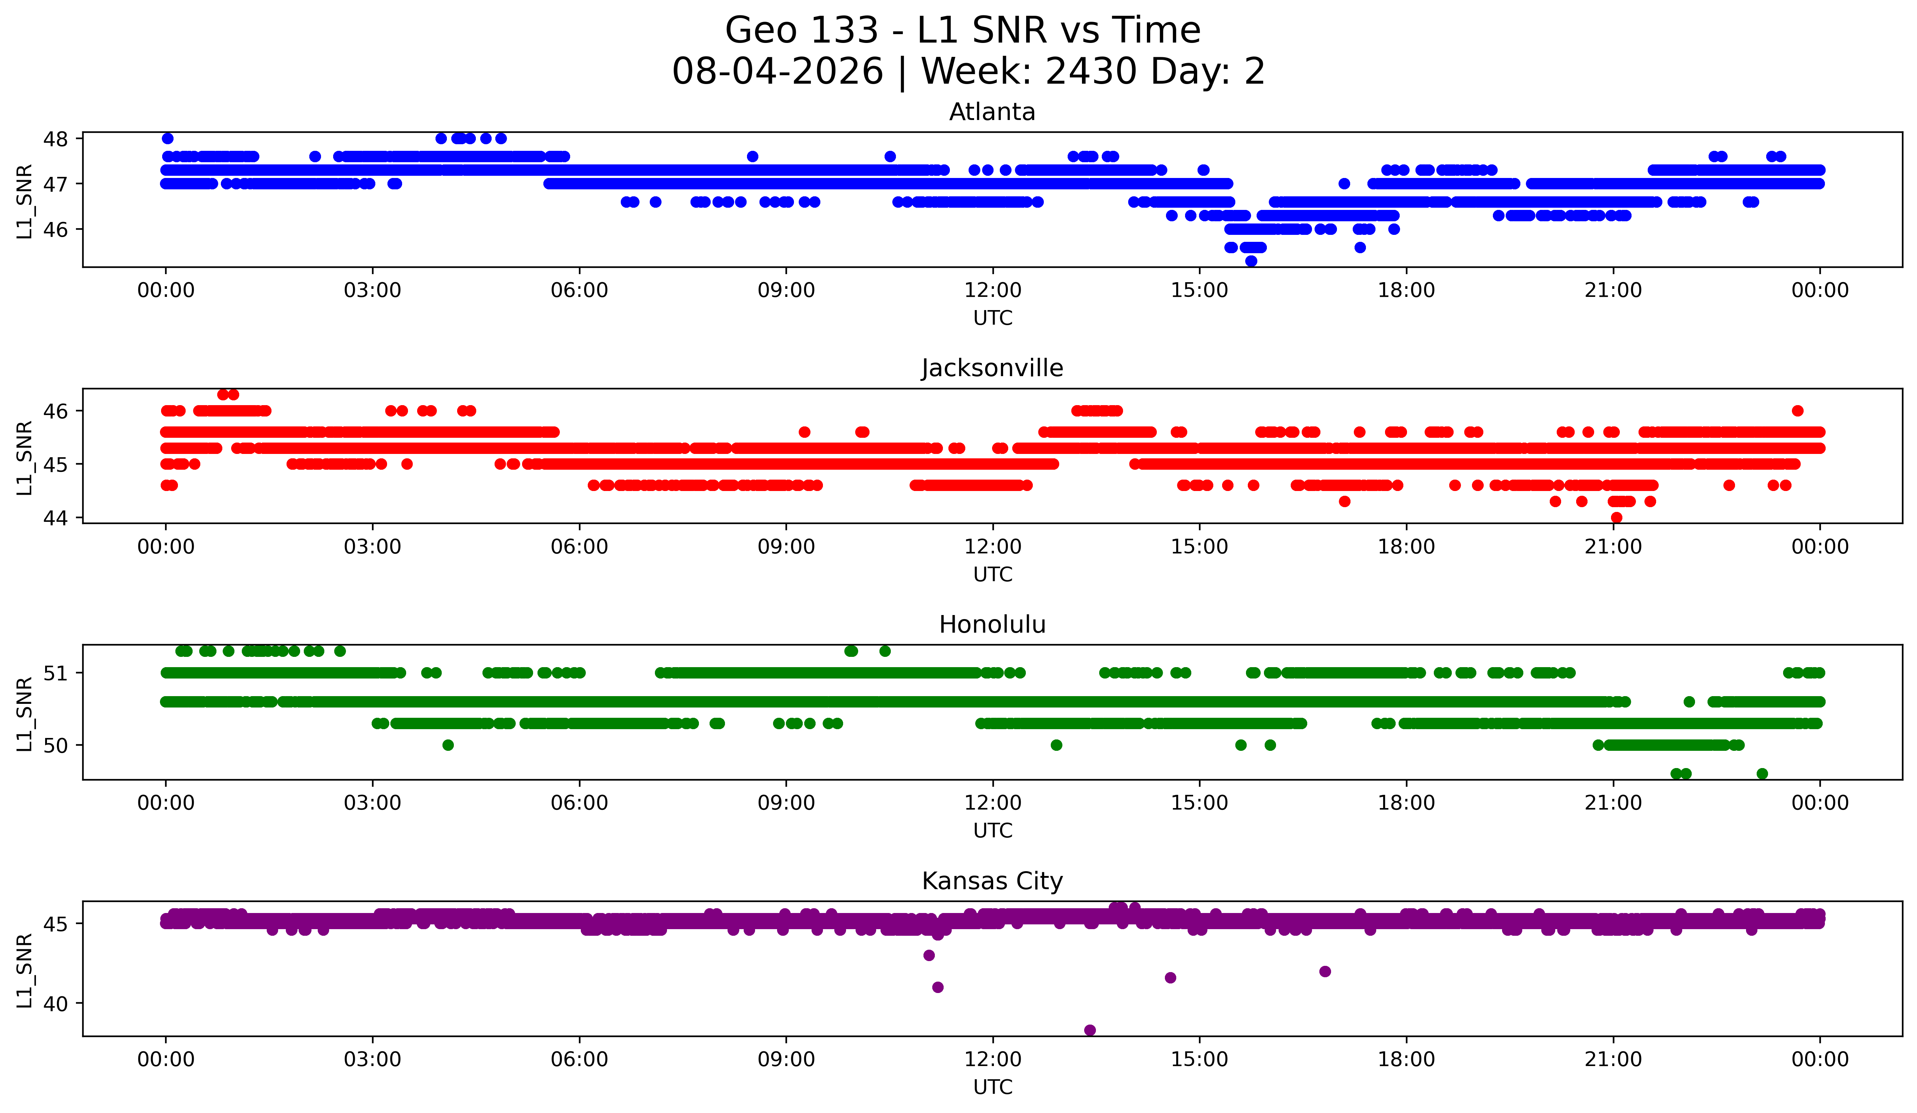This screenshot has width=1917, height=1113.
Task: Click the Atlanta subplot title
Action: click(992, 112)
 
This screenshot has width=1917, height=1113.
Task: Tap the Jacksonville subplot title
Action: click(992, 368)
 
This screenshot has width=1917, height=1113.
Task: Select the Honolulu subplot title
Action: click(992, 625)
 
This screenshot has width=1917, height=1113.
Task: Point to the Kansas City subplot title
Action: click(992, 881)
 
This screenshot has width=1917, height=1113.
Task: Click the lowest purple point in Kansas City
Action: click(1089, 1030)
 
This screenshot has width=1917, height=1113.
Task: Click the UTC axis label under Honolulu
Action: click(993, 831)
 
